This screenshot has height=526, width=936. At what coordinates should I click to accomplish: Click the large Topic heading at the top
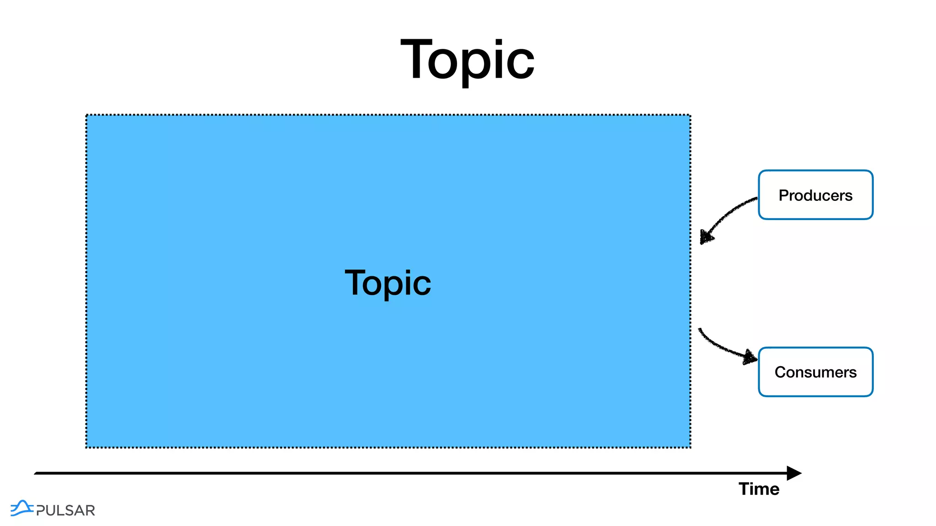pyautogui.click(x=467, y=60)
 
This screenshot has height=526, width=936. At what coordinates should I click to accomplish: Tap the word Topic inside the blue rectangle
pyautogui.click(x=388, y=283)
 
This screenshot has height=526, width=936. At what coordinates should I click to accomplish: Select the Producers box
pyautogui.click(x=815, y=195)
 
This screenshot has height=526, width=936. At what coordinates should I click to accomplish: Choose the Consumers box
pyautogui.click(x=815, y=372)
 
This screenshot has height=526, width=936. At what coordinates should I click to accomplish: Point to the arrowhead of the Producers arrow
pyautogui.click(x=707, y=237)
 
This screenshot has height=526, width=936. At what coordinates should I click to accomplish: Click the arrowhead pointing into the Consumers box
pyautogui.click(x=750, y=357)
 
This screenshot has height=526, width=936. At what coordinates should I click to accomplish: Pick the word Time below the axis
pyautogui.click(x=759, y=489)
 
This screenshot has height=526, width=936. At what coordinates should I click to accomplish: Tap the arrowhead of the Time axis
pyautogui.click(x=794, y=473)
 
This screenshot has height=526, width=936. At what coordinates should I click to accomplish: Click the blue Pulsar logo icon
pyautogui.click(x=21, y=508)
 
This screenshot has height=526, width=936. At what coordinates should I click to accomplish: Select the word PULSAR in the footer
pyautogui.click(x=65, y=510)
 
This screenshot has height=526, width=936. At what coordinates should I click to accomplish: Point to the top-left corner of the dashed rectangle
pyautogui.click(x=86, y=115)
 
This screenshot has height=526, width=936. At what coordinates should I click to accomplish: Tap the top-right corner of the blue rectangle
pyautogui.click(x=690, y=115)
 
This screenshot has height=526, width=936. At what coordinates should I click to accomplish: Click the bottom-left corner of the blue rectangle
pyautogui.click(x=86, y=447)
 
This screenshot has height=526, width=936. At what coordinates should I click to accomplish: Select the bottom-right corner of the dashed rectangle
pyautogui.click(x=690, y=447)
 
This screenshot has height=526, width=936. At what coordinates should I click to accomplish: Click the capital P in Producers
pyautogui.click(x=784, y=195)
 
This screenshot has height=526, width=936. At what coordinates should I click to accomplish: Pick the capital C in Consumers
pyautogui.click(x=781, y=372)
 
